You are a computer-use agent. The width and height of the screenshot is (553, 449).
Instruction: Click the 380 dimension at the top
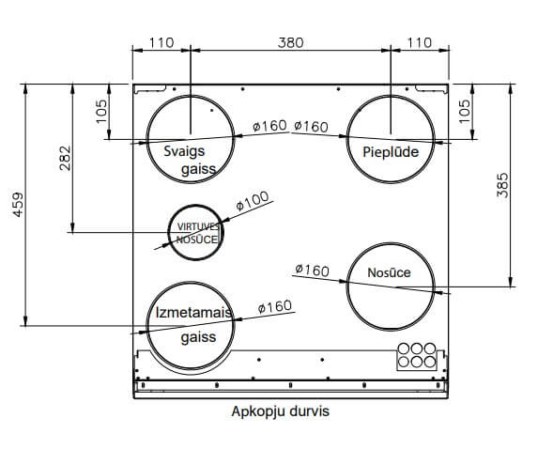[x=291, y=42]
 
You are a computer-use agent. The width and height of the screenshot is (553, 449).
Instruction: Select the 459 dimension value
[x=18, y=205]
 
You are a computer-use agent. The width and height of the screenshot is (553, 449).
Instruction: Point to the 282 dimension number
[x=65, y=158]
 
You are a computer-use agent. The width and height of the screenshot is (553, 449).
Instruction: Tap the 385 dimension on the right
[x=502, y=185]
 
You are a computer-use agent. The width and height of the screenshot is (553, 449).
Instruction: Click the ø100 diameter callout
[x=253, y=201]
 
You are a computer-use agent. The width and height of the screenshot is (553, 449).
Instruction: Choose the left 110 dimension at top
[x=161, y=42]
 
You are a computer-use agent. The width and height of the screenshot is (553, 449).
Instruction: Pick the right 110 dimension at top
[x=420, y=42]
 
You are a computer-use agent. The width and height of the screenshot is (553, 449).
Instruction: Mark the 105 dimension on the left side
[x=101, y=111]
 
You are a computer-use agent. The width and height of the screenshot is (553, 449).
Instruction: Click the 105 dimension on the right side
[x=465, y=111]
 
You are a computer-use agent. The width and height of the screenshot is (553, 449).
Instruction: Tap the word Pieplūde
[x=391, y=152]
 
